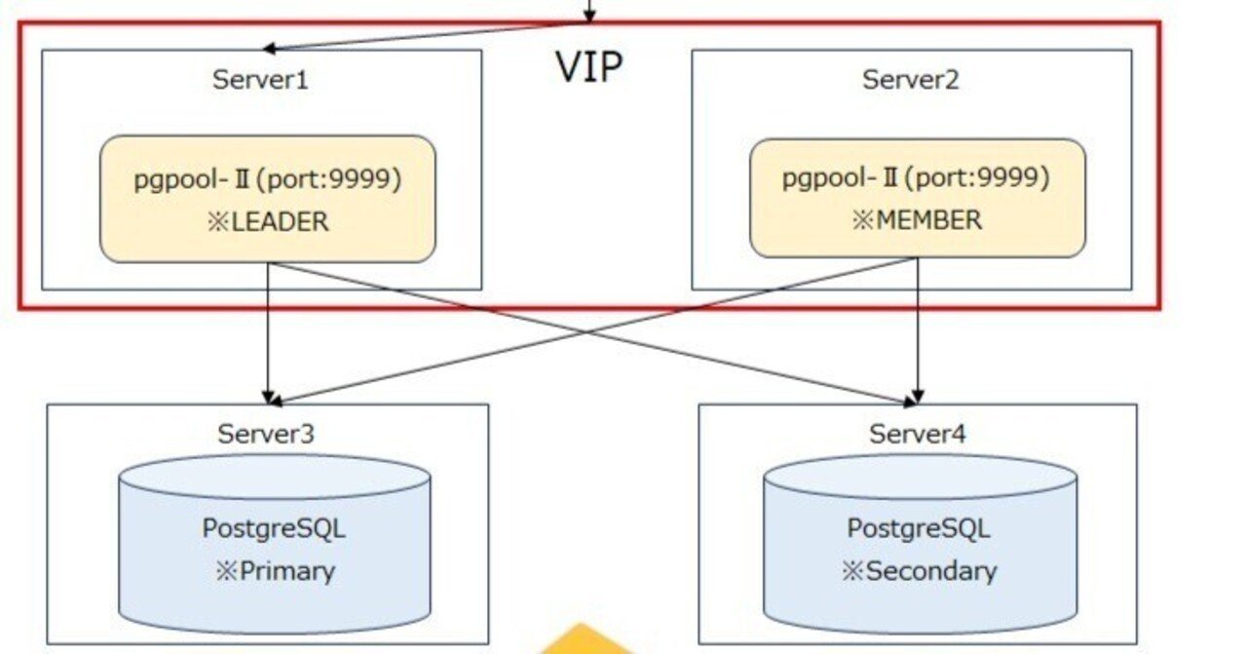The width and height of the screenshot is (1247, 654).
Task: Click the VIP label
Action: (x=588, y=67)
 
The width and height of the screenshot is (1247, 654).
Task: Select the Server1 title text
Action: (x=260, y=79)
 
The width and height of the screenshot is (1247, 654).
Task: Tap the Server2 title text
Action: (x=910, y=79)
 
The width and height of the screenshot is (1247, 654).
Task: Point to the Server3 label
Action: (x=266, y=434)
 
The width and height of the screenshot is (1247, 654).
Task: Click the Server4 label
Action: (x=918, y=434)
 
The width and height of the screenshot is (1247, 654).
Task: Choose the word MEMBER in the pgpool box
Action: (x=928, y=220)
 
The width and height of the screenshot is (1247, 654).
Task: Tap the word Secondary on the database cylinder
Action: (x=931, y=571)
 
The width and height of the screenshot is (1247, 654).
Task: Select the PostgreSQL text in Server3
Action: (x=274, y=528)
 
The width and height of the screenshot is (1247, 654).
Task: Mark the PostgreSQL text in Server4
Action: (x=918, y=528)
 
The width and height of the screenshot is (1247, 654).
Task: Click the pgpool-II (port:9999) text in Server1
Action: (x=268, y=179)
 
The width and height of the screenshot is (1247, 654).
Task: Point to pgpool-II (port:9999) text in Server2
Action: (x=916, y=177)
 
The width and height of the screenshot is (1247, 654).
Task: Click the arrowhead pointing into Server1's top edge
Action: (x=271, y=47)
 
